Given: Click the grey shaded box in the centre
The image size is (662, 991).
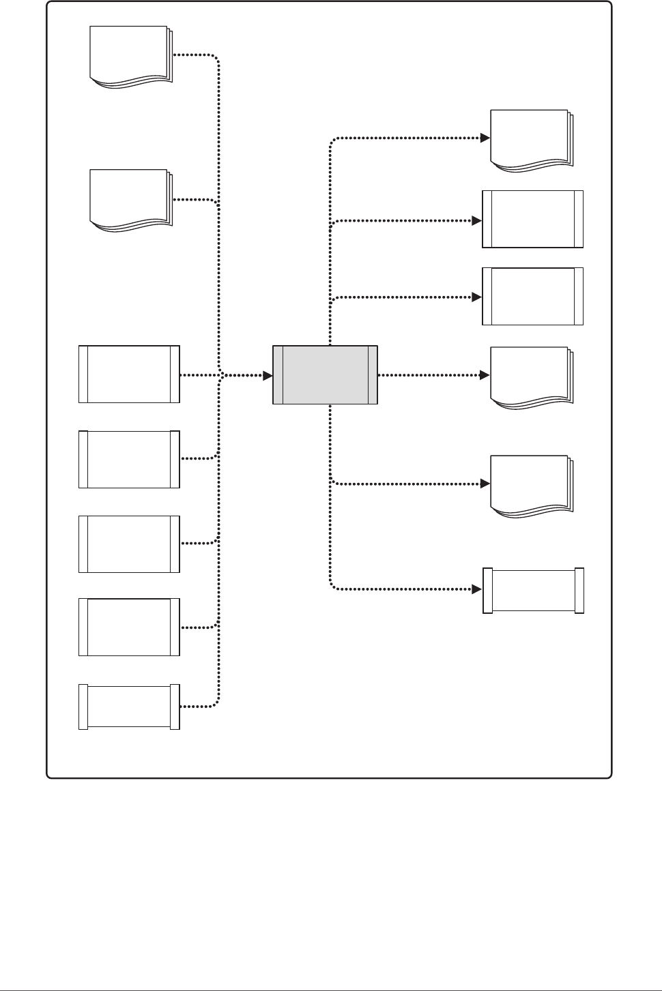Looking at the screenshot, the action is [x=325, y=374].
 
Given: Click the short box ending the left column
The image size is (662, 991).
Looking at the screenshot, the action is [x=129, y=707].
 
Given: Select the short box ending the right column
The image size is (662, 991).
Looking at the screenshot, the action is [x=533, y=590].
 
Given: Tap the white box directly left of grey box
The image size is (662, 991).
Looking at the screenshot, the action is [x=129, y=374].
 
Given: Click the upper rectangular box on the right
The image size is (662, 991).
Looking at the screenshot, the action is [x=533, y=219].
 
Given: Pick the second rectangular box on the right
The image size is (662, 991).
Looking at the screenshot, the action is [x=533, y=296].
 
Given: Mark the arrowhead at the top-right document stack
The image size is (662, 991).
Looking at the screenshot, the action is [x=485, y=138].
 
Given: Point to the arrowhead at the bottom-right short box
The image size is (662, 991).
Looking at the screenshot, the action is [x=477, y=588].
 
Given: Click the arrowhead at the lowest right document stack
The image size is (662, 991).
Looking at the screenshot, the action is [x=485, y=484].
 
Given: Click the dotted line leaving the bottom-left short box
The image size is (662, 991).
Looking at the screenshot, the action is [x=198, y=706].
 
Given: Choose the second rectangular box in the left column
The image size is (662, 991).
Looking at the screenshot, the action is [x=129, y=459].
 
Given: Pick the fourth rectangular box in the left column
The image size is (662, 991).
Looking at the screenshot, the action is [x=129, y=627].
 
